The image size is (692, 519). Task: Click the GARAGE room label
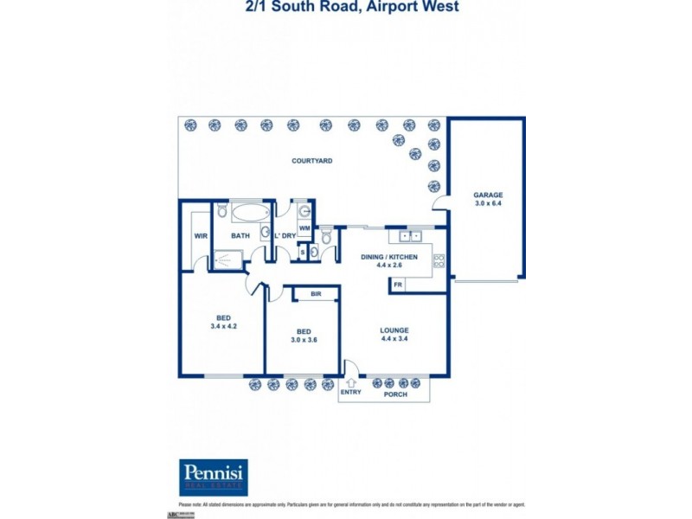pos(487,195)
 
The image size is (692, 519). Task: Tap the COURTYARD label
pos(312,161)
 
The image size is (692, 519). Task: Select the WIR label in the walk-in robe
pos(201,235)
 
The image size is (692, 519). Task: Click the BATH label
pos(241,235)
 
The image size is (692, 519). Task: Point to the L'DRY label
pos(285,235)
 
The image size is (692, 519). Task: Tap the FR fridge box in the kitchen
pos(398,284)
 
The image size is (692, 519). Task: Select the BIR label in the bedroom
pos(316,295)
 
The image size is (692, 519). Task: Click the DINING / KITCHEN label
pos(389,257)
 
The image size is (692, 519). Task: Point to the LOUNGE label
pos(394,330)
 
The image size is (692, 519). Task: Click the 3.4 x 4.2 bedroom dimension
pos(223,327)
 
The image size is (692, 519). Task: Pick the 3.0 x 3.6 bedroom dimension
pos(304,340)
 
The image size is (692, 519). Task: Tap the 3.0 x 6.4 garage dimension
pos(487,204)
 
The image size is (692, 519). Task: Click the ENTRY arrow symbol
pos(352,381)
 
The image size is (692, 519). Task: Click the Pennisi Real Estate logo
pos(213,477)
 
